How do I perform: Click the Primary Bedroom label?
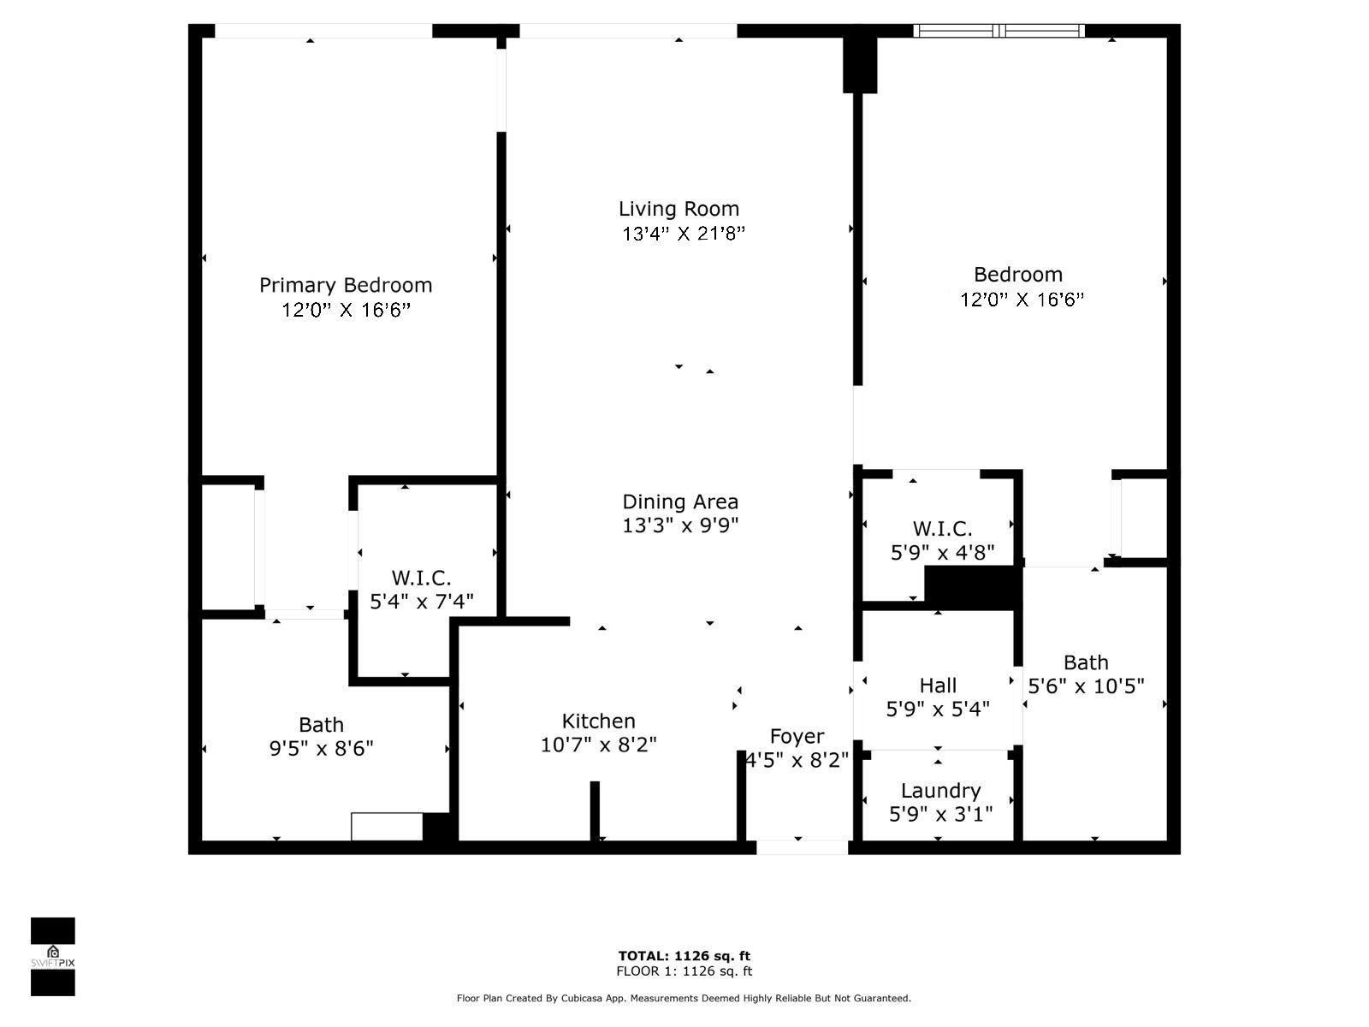346,285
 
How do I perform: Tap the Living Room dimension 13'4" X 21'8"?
683,234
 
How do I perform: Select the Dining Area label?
679,502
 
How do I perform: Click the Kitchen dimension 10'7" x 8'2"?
598,745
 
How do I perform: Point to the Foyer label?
797,736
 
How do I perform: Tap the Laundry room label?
939,790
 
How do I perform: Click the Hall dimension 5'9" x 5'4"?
938,709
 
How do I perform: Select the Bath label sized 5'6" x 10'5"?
1086,662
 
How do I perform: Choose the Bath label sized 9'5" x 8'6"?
321,725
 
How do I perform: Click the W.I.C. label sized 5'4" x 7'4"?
421,578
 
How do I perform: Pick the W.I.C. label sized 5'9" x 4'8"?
942,529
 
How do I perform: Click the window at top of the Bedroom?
999,31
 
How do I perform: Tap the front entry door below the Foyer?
802,847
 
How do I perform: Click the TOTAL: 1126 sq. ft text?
684,956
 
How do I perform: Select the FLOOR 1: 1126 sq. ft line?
684,971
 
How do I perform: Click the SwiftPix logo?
53,957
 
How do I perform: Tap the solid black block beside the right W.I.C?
973,588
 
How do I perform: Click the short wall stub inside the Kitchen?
594,810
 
